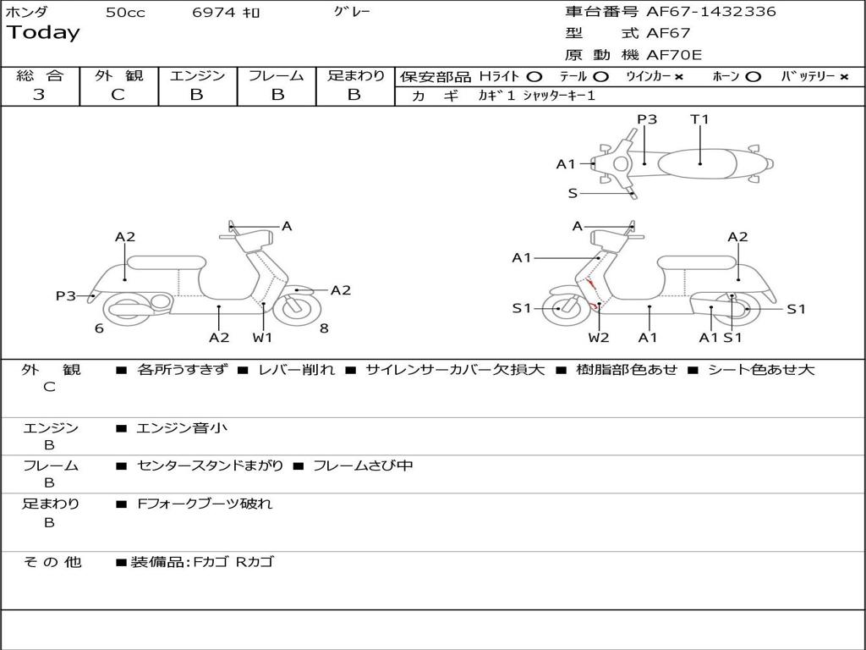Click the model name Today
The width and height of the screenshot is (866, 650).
pyautogui.click(x=43, y=33)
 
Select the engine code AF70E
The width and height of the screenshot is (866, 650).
pyautogui.click(x=674, y=55)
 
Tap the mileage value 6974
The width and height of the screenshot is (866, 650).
pyautogui.click(x=215, y=12)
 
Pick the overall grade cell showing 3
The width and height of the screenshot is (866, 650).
pyautogui.click(x=39, y=95)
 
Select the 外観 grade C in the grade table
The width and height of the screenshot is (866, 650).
pyautogui.click(x=118, y=95)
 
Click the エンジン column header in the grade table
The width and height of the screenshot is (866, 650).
pyautogui.click(x=197, y=75)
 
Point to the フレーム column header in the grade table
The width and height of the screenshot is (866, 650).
pyautogui.click(x=276, y=75)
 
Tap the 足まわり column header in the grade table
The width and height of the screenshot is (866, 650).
pyautogui.click(x=355, y=75)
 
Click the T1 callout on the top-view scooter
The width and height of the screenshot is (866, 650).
pyautogui.click(x=699, y=119)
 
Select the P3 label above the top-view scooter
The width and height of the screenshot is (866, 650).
pyautogui.click(x=647, y=119)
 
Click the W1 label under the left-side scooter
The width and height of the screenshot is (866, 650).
pyautogui.click(x=263, y=338)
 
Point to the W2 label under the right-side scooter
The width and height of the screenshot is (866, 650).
pyautogui.click(x=599, y=338)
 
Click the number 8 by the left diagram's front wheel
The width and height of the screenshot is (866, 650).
pyautogui.click(x=324, y=328)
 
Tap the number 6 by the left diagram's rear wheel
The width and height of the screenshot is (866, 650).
pyautogui.click(x=99, y=328)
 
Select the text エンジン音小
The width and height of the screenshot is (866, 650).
pyautogui.click(x=182, y=428)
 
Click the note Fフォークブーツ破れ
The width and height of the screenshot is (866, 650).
pyautogui.click(x=205, y=504)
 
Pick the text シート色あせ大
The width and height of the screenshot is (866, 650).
pyautogui.click(x=760, y=370)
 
